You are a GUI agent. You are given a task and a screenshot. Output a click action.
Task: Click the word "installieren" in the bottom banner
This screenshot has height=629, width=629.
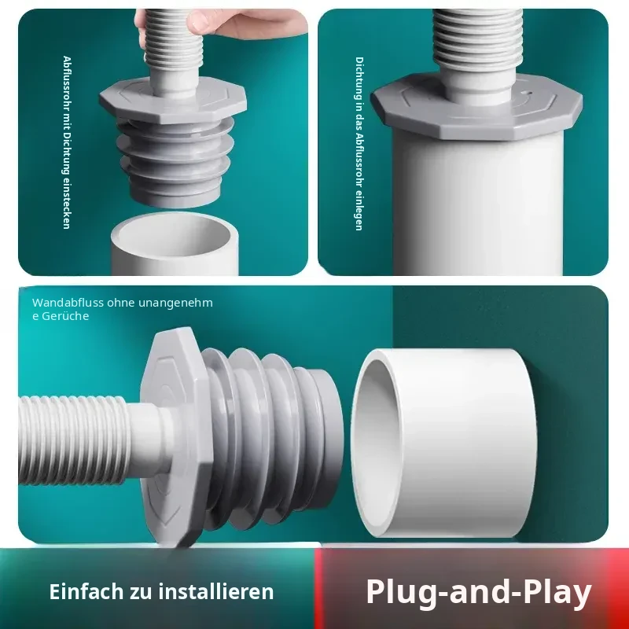point(215,591)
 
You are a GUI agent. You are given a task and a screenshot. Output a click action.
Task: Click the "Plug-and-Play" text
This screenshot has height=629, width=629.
point(479,592)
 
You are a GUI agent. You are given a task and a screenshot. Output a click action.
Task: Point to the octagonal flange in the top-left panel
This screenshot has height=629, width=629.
point(172,101)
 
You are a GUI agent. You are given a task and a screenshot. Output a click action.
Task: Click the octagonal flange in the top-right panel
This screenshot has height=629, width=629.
point(476,107)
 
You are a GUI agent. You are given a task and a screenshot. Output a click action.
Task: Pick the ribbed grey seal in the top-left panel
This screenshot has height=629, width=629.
point(175,160)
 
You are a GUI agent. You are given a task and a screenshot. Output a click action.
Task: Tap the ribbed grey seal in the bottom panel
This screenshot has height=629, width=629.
point(273,436)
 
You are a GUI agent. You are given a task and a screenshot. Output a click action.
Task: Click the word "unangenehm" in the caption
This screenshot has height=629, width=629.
point(175,303)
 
